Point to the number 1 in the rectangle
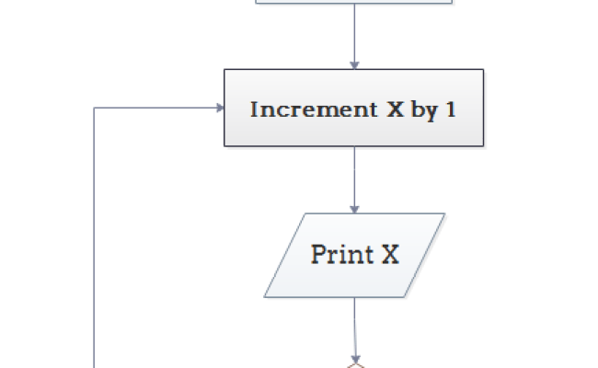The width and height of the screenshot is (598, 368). pyautogui.click(x=450, y=109)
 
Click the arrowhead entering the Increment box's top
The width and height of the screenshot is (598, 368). pyautogui.click(x=354, y=63)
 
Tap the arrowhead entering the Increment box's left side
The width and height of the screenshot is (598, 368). pyautogui.click(x=219, y=109)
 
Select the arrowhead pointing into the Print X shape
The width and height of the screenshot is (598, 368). pyautogui.click(x=354, y=208)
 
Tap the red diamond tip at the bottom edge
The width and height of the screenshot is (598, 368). pyautogui.click(x=354, y=364)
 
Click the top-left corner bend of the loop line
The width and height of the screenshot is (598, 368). pyautogui.click(x=95, y=109)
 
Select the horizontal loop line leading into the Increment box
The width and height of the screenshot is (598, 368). pyautogui.click(x=156, y=109)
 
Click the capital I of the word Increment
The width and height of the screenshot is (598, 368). pyautogui.click(x=255, y=109)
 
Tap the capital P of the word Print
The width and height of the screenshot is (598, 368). pyautogui.click(x=318, y=254)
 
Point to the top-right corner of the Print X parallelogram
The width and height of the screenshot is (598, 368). pyautogui.click(x=443, y=214)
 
